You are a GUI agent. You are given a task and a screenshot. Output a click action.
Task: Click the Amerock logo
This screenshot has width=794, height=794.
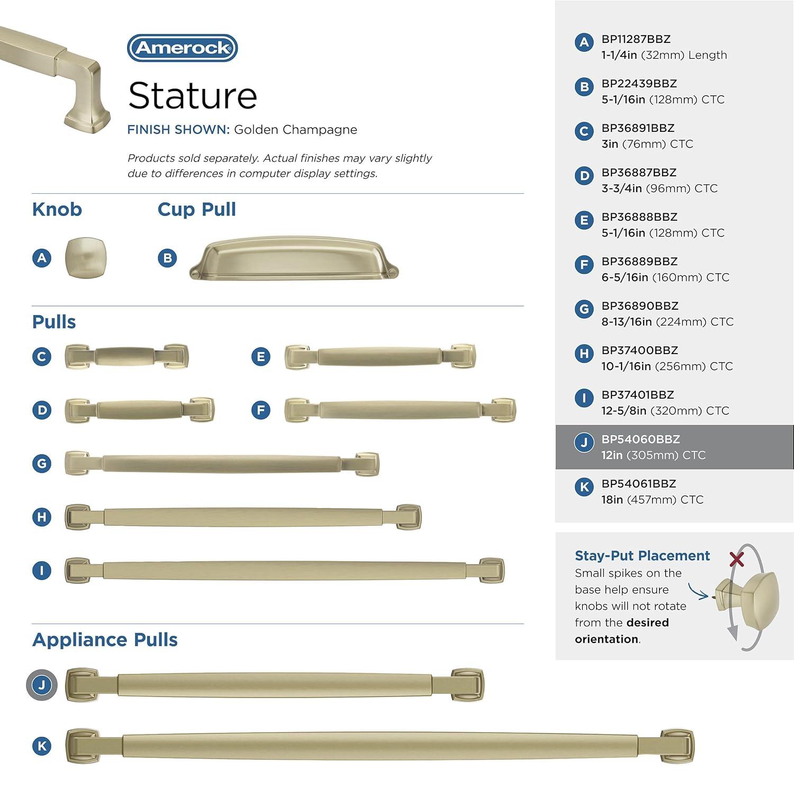pyautogui.click(x=183, y=48)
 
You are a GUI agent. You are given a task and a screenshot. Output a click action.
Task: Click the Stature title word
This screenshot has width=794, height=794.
pyautogui.click(x=193, y=96)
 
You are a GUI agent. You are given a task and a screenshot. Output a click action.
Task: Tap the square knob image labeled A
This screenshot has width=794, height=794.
pyautogui.click(x=86, y=257)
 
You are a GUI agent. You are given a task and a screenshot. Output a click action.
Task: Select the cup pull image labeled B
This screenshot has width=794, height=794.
pyautogui.click(x=294, y=258)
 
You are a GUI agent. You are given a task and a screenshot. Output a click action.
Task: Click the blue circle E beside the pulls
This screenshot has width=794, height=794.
pyautogui.click(x=260, y=357)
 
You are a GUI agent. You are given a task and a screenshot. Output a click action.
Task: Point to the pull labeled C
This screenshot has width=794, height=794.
pyautogui.click(x=127, y=356)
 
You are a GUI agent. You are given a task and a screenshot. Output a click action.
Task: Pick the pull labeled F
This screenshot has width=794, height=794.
pyautogui.click(x=400, y=410)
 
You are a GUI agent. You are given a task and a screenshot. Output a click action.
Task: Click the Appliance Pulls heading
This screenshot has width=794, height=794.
pyautogui.click(x=105, y=639)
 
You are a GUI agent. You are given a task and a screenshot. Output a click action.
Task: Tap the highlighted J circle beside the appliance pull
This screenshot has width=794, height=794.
pyautogui.click(x=42, y=685)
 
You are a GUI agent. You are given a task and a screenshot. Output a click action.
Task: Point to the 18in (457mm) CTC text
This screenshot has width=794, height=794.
pyautogui.click(x=652, y=500)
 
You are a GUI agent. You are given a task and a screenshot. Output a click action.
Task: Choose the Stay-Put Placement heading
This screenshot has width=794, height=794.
pyautogui.click(x=642, y=555)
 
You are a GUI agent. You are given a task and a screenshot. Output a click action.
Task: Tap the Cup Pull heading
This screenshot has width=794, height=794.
pyautogui.click(x=196, y=210)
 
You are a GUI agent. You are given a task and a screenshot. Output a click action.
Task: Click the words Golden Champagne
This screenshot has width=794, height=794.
pyautogui.click(x=295, y=130)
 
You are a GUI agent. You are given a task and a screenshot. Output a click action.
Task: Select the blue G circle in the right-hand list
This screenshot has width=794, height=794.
pyautogui.click(x=584, y=309)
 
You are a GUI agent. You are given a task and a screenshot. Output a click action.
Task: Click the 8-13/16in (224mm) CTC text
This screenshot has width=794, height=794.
pyautogui.click(x=667, y=322)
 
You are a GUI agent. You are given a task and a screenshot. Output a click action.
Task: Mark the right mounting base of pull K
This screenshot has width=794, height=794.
pyautogui.click(x=677, y=746)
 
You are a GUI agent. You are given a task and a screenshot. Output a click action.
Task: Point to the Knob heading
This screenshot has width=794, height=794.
pyautogui.click(x=57, y=210)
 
